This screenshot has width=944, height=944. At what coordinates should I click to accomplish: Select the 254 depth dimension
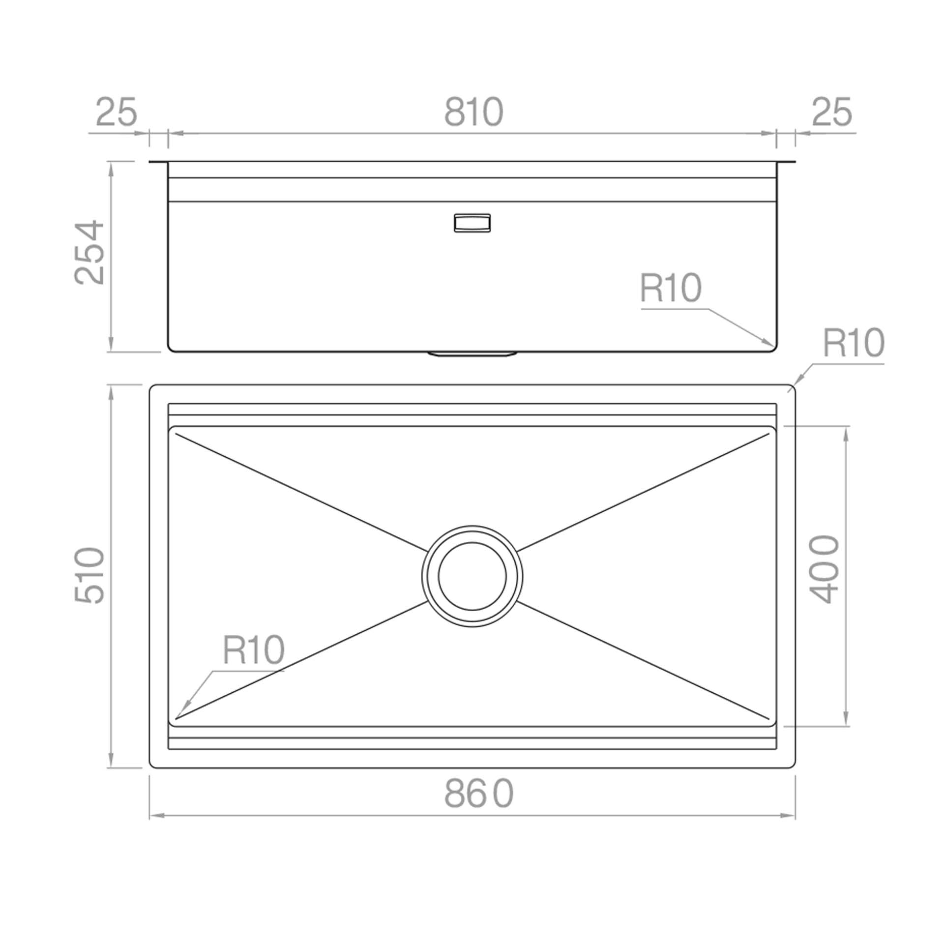click(90, 253)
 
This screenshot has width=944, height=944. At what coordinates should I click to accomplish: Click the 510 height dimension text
click(90, 575)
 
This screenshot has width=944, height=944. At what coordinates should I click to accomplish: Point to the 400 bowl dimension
click(823, 569)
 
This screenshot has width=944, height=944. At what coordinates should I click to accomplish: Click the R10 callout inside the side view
click(671, 288)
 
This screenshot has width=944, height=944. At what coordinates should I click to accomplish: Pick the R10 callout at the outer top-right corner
click(854, 343)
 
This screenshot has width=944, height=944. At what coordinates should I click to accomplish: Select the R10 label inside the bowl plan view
click(254, 649)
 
